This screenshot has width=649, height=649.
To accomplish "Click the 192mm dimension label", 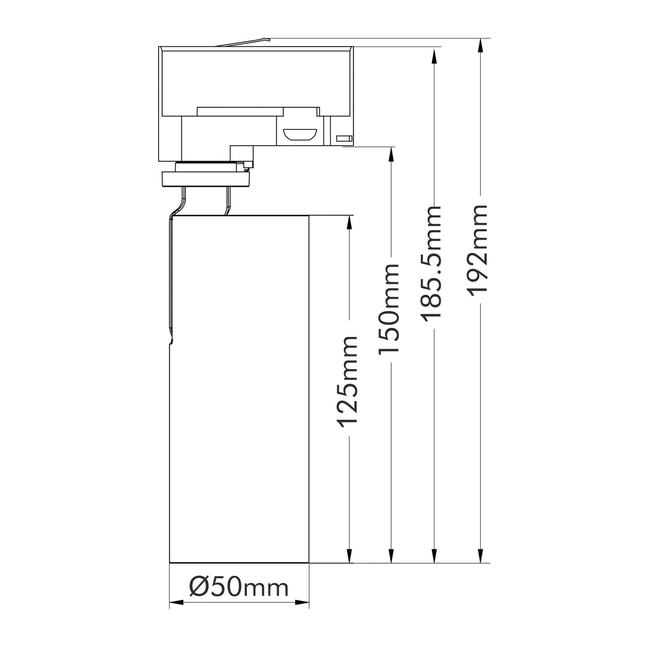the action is [x=477, y=250].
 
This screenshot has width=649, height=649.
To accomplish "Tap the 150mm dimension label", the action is [x=389, y=308].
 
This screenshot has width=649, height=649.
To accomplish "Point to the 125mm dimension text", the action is [x=347, y=381].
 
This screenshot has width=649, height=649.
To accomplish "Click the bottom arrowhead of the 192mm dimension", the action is [x=481, y=555].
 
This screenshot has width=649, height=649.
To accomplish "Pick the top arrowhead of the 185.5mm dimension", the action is [x=434, y=56].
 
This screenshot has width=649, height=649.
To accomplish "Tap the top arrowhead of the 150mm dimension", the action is [x=391, y=154].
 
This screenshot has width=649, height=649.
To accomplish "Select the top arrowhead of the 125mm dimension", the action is [x=349, y=223].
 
